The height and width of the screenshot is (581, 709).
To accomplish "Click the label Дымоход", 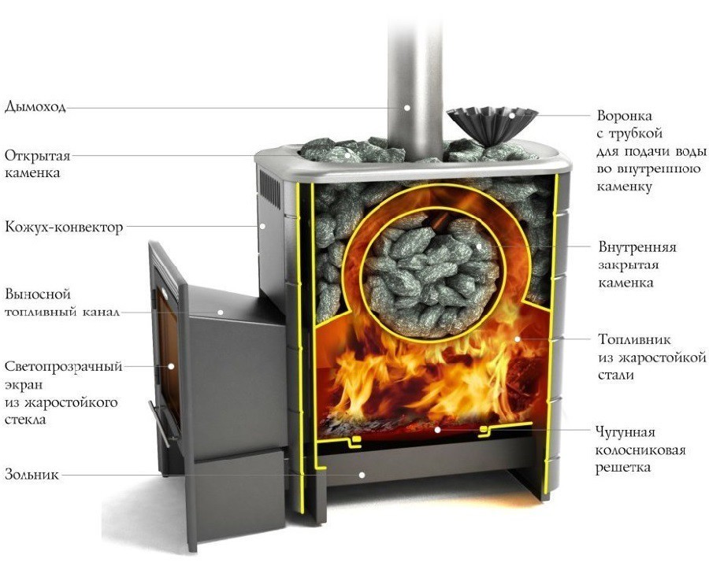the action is [35, 107].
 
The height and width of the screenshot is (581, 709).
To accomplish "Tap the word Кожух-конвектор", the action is [64, 227].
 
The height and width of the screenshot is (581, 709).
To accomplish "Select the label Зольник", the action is [32, 475].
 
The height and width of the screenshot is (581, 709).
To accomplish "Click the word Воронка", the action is [625, 116].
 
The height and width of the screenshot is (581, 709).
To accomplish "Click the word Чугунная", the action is [625, 432].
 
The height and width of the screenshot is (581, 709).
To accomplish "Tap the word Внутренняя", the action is [637, 247].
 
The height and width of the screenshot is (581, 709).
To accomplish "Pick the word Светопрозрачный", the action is [63, 366].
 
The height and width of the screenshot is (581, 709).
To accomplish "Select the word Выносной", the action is [38, 294].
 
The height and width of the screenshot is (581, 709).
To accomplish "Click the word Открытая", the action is [38, 156].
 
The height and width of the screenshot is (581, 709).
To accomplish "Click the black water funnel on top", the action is [492, 126].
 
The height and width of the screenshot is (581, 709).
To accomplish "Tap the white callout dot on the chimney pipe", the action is [407, 108].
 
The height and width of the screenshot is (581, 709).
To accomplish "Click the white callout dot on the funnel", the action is [511, 115].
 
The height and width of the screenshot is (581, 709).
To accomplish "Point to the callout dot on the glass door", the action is [171, 366].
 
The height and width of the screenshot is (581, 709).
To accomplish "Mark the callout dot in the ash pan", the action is [362, 475].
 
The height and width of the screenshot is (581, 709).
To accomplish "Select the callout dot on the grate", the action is [437, 429].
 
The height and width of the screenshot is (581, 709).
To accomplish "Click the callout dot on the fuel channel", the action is [221, 312].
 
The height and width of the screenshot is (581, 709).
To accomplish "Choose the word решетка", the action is [622, 468].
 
